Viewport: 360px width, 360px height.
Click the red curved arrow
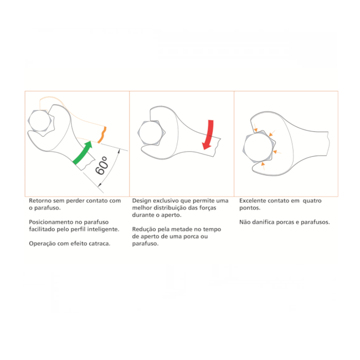[x=209, y=135]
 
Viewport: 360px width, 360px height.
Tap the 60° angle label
[x=102, y=166]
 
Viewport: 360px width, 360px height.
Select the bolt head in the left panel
[x=40, y=121]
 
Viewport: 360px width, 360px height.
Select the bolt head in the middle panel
[x=151, y=133]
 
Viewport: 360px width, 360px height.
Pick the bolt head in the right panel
[x=259, y=147]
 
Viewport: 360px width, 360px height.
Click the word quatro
[x=312, y=201]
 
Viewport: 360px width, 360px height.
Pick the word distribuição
[x=169, y=208]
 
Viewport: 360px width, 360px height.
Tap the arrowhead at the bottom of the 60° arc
[x=100, y=184]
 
